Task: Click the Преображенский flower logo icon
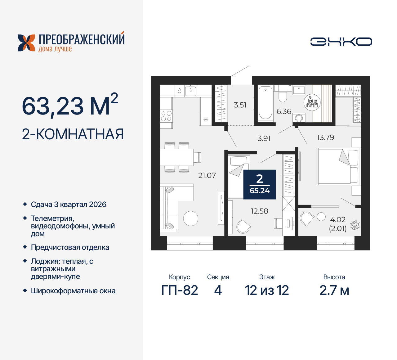click(x=26, y=43)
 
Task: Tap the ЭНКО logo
click(x=341, y=42)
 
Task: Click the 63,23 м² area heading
click(x=70, y=105)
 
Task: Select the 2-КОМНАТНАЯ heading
click(x=73, y=134)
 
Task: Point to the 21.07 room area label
click(x=207, y=175)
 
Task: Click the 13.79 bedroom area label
click(x=325, y=137)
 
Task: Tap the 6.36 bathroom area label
click(x=284, y=111)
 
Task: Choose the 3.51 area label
click(x=240, y=105)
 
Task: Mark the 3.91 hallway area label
click(x=264, y=138)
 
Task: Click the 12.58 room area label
click(x=259, y=211)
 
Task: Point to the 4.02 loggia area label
click(x=337, y=220)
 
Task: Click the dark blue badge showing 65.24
click(x=260, y=184)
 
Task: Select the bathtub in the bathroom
click(x=265, y=103)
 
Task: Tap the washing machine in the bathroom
click(x=299, y=118)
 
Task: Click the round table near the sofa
click(x=190, y=218)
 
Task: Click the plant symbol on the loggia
click(x=355, y=225)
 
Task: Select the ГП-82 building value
click(x=180, y=290)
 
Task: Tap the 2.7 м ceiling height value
click(x=334, y=290)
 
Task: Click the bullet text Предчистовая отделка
click(x=70, y=247)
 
